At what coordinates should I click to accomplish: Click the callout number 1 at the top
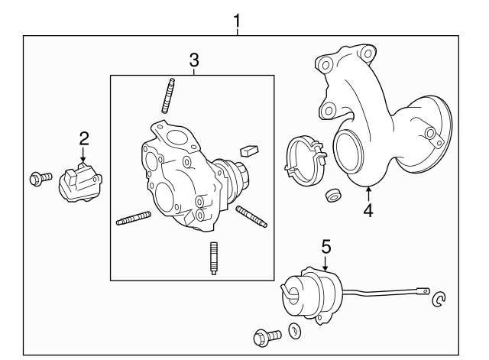pos(237,19)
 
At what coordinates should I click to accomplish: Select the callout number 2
pos(84,138)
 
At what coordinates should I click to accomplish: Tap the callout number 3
pos(194,60)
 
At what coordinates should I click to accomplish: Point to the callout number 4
pos(368,209)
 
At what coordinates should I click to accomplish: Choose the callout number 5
pos(325,245)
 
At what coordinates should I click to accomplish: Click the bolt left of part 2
pos(37,180)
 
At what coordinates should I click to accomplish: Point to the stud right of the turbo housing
pos(251,216)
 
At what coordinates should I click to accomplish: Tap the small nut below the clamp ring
pos(332,194)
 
